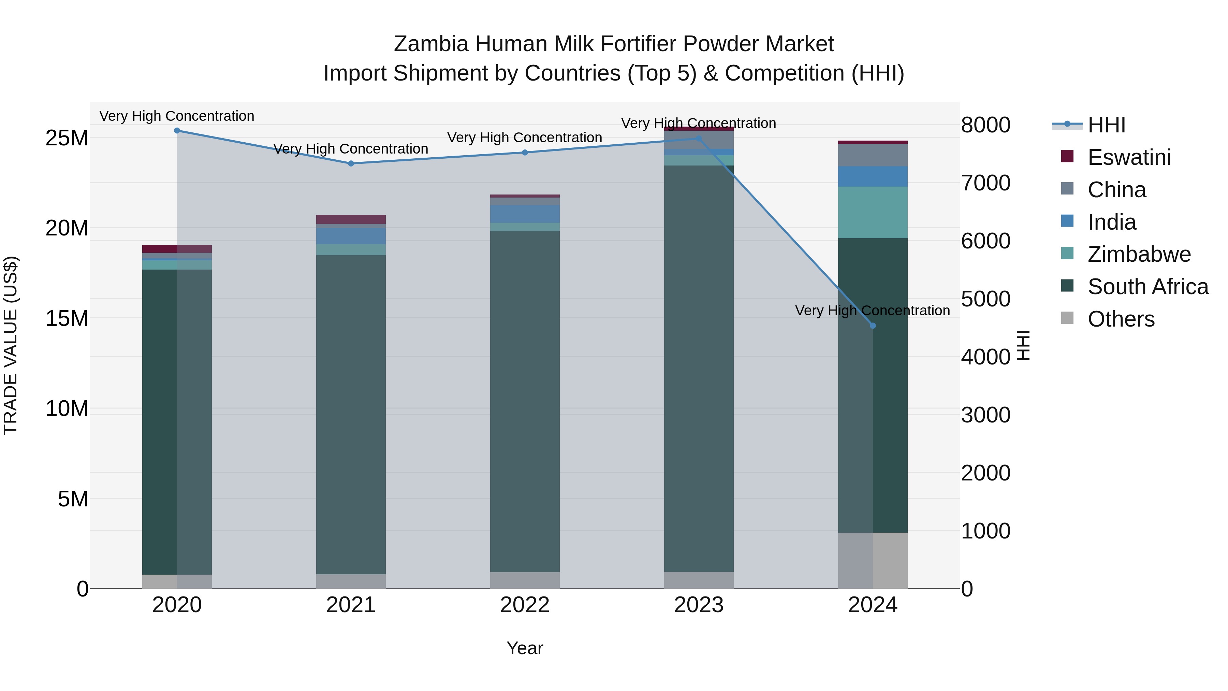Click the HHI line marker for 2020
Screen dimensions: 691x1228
(x=177, y=131)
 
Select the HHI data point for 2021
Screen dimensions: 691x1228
(x=351, y=163)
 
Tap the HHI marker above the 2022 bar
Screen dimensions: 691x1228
(x=525, y=153)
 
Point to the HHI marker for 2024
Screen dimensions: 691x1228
(x=873, y=326)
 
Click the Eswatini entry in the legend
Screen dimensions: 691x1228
(x=1129, y=157)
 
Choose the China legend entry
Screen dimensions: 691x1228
(x=1116, y=190)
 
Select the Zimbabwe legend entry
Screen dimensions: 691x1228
(x=1139, y=254)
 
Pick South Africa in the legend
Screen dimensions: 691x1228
(x=1147, y=287)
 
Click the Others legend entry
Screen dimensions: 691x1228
(x=1121, y=319)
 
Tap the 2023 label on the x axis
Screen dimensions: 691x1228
(x=699, y=605)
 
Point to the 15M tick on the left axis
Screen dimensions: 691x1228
(x=67, y=318)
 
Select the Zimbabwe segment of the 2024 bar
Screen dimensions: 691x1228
(x=873, y=212)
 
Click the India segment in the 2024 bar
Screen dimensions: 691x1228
(x=873, y=176)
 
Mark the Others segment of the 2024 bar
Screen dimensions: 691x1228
(x=873, y=560)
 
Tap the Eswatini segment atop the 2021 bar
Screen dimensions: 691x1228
(x=351, y=219)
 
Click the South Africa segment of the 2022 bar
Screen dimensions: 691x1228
(x=525, y=401)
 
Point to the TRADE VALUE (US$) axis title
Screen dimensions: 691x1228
(x=11, y=345)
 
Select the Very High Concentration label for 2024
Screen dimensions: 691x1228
(x=872, y=311)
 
